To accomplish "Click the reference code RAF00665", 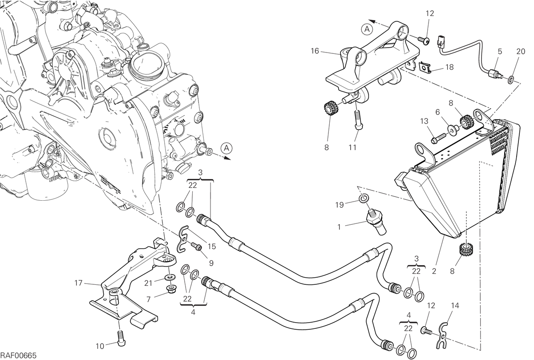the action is (18, 356).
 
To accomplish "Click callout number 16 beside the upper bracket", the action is (315, 51).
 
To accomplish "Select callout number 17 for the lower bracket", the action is (78, 283).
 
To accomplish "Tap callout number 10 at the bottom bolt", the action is (100, 346).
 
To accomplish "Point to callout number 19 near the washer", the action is (340, 205).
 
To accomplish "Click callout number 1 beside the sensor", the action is (339, 227).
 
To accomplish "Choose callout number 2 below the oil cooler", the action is (434, 271).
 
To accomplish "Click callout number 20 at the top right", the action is (521, 51).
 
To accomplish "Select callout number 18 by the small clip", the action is (449, 67).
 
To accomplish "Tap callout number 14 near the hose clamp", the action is (455, 305).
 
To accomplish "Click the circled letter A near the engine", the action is (227, 148).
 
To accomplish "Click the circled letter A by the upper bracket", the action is (367, 29).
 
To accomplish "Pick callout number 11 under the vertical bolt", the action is (352, 147).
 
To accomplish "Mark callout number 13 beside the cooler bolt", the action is (424, 121).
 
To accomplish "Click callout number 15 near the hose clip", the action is (211, 246).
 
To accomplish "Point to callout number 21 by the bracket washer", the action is (148, 283).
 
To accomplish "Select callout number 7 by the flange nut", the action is (149, 299).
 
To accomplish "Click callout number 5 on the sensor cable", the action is (500, 51).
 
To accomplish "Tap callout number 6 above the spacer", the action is (437, 112).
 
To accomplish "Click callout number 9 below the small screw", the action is (211, 263).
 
